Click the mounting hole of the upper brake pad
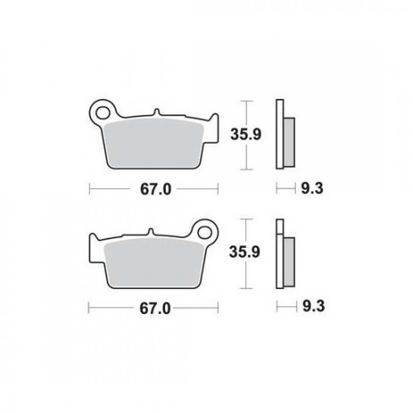point(103,113)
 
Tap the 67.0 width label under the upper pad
point(155,189)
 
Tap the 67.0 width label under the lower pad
point(155,309)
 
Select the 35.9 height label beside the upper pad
point(245,135)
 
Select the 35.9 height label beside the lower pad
point(244,252)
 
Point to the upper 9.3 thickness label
point(311,188)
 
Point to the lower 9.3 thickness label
point(314,306)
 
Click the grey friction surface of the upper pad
point(154,144)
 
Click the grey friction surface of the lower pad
point(154,263)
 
